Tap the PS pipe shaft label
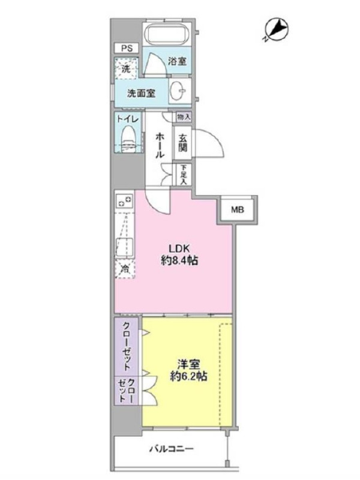[x=127, y=49]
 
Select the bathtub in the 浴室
[x=168, y=34]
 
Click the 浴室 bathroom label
[x=177, y=61]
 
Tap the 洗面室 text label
[x=141, y=94]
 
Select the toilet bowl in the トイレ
[x=129, y=139]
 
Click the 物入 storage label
[x=184, y=116]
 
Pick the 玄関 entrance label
[x=183, y=142]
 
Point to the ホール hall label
[x=160, y=145]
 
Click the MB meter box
[x=238, y=210]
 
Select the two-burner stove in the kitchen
[x=125, y=200]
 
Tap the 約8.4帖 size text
[x=179, y=260]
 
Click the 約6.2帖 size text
[x=188, y=376]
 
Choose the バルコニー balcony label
[x=172, y=449]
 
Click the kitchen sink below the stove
[x=125, y=247]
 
